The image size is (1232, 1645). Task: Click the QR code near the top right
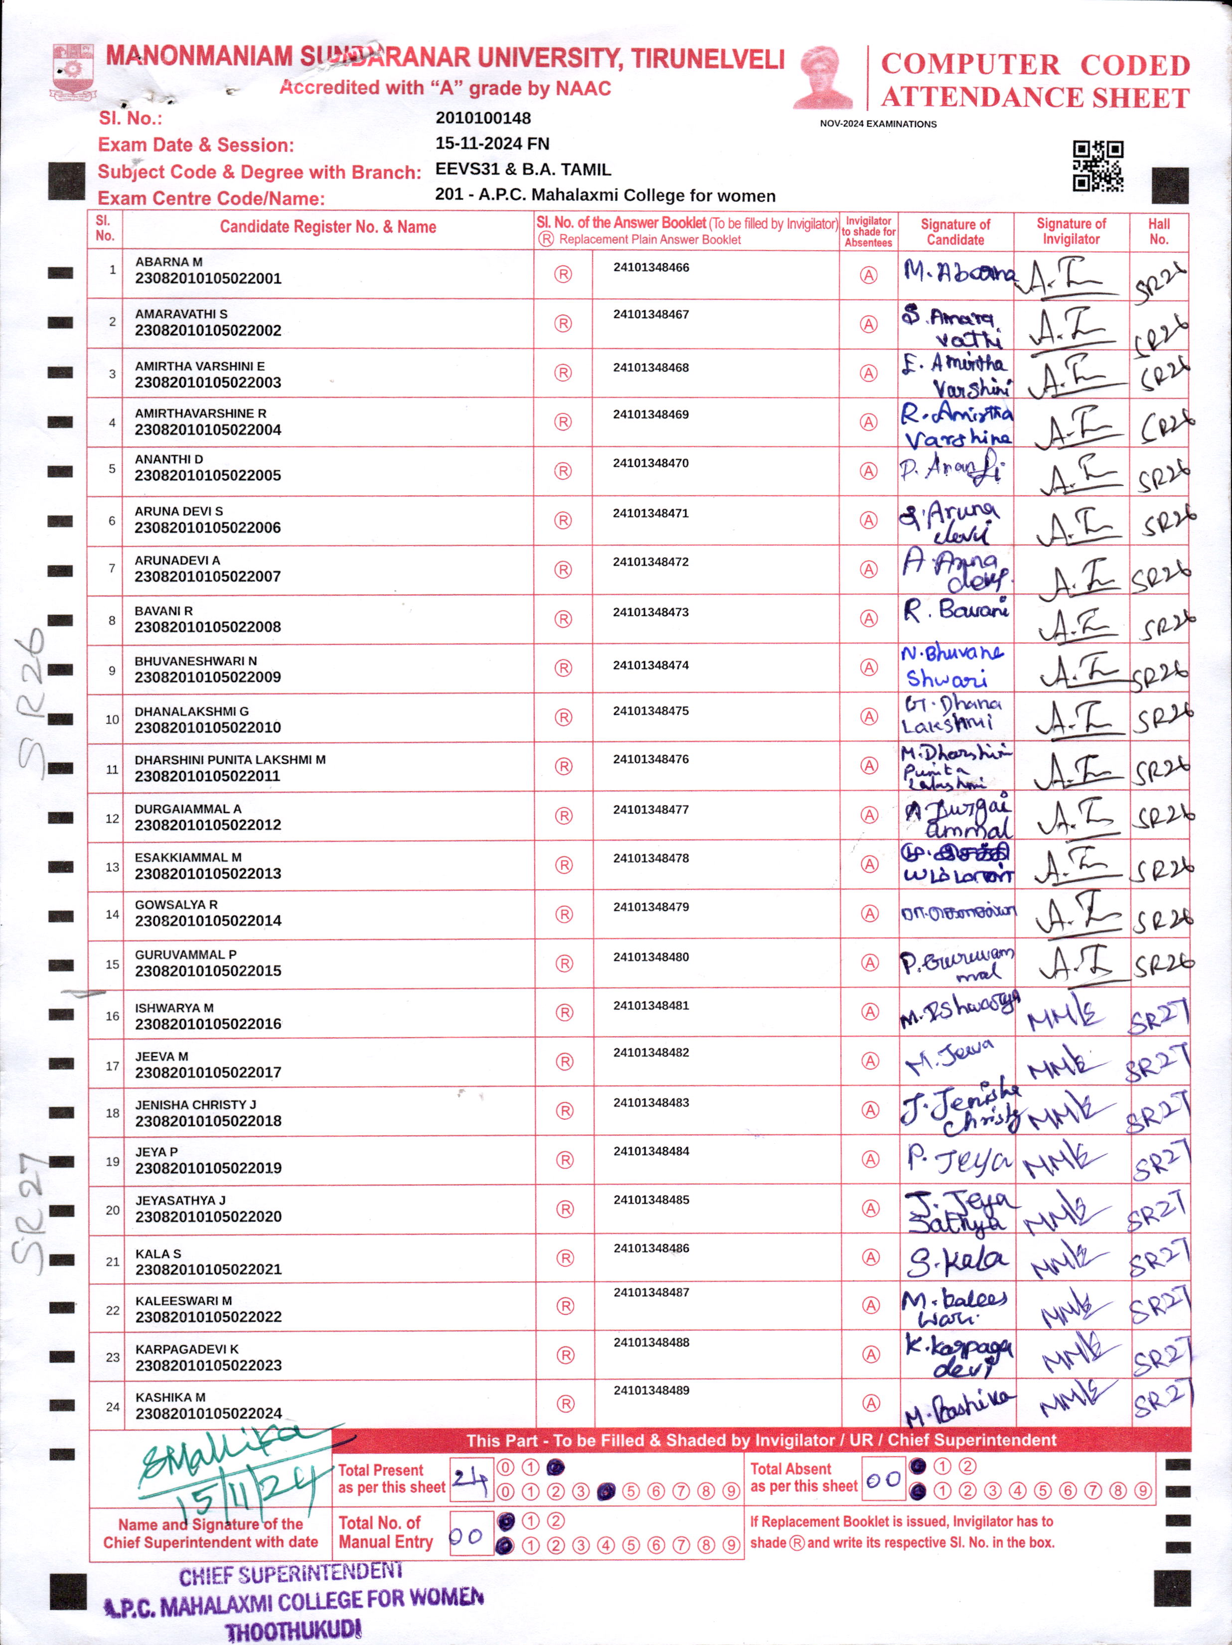pos(1097,166)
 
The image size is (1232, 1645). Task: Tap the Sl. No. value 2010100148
pos(483,118)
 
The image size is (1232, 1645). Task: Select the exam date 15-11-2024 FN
pos(492,143)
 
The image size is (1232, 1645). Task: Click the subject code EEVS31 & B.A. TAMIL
pos(523,169)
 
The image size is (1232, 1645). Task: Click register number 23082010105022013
pos(208,874)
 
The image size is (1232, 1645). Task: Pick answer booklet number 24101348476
pos(651,759)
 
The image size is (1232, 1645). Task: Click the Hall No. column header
pos(1158,231)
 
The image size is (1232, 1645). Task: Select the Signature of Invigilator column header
pos(1071,231)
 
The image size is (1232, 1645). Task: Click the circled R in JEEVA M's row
pos(565,1061)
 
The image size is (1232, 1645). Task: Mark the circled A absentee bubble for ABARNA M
pos(868,275)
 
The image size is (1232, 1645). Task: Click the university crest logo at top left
pos(72,73)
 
